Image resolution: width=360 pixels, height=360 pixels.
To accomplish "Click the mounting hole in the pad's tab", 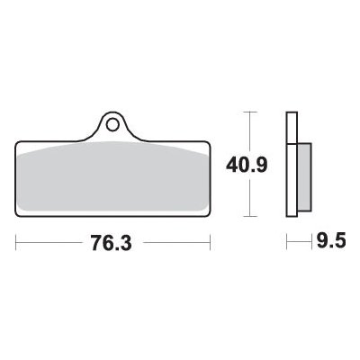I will click(113, 119).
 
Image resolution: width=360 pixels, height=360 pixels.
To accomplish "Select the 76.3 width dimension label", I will click(113, 243).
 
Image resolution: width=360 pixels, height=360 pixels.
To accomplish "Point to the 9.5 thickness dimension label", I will click(328, 243).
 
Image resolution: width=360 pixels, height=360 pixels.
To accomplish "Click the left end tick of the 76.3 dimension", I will click(17, 243).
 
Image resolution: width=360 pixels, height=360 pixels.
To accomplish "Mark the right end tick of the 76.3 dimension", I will click(210, 243).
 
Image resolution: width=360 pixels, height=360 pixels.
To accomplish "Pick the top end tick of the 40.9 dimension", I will click(250, 112).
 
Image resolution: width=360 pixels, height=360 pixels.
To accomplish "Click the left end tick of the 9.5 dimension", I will click(287, 243).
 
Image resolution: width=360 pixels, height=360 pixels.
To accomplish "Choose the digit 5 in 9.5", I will click(340, 243).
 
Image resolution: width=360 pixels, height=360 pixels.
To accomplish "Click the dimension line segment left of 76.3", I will click(49, 243).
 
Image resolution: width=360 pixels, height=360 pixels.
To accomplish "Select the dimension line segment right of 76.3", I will click(175, 243).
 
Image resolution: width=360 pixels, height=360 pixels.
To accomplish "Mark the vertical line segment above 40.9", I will click(250, 130).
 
